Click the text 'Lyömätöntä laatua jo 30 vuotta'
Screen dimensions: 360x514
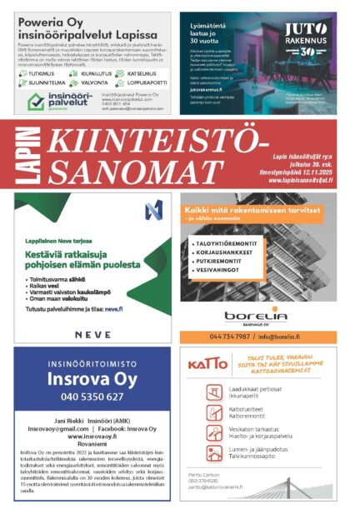(x=208, y=34)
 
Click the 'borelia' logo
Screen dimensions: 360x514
(x=255, y=314)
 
